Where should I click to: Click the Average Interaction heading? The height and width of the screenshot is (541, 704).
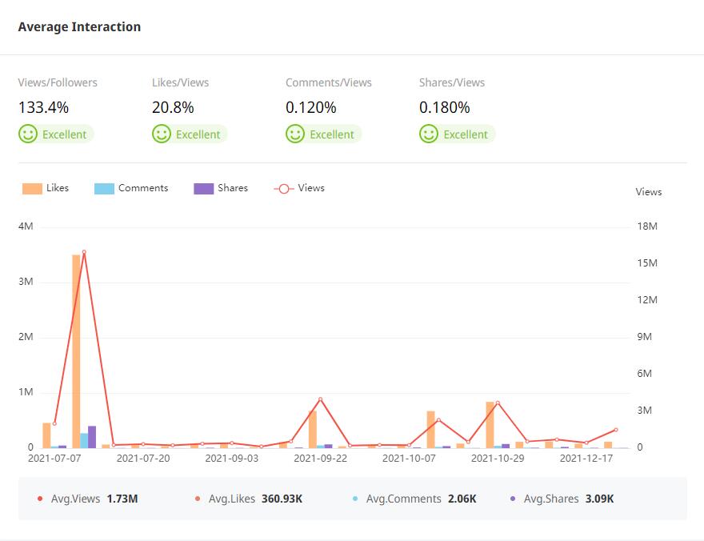[79, 26]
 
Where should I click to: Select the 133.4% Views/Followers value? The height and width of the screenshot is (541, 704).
[44, 107]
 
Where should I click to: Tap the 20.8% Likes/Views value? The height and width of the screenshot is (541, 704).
[173, 107]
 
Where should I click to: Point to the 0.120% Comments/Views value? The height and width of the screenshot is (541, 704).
[311, 107]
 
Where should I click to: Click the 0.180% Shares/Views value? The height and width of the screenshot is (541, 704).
[445, 107]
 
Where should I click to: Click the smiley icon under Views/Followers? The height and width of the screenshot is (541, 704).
[29, 134]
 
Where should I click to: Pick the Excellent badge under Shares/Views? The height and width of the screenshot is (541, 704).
[458, 134]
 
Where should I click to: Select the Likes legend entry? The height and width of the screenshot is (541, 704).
[46, 188]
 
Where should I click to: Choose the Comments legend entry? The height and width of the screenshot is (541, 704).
[131, 188]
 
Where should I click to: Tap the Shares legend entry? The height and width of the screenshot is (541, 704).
[221, 188]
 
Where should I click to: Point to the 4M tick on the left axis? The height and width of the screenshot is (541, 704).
[26, 226]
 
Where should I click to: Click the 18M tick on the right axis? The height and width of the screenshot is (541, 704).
[646, 226]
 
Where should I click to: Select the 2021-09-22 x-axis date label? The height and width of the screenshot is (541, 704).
[320, 459]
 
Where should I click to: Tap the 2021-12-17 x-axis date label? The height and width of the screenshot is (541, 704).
[586, 459]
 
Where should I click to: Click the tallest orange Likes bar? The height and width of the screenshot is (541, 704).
[77, 352]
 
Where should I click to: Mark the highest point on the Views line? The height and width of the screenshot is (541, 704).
[84, 252]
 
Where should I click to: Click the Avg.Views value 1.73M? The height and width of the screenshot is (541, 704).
[122, 499]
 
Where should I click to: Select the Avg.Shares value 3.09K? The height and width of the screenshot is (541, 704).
[599, 499]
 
